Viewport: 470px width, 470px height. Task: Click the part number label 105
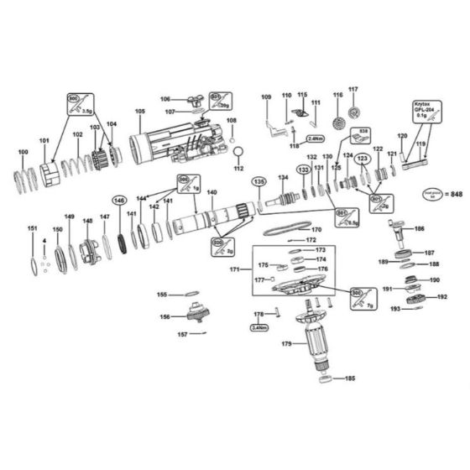pyautogui.click(x=139, y=112)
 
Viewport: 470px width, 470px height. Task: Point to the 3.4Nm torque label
pyautogui.click(x=259, y=328)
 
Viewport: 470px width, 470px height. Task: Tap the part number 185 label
pyautogui.click(x=349, y=379)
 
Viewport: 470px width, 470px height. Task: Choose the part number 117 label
pyautogui.click(x=353, y=90)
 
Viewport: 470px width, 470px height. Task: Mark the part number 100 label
pyautogui.click(x=23, y=152)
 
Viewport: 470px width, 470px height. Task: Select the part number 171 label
pyautogui.click(x=234, y=269)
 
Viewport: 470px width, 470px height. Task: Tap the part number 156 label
pyautogui.click(x=164, y=316)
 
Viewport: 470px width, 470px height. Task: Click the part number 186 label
pyautogui.click(x=419, y=229)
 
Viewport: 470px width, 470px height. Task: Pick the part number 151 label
pyautogui.click(x=32, y=229)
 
